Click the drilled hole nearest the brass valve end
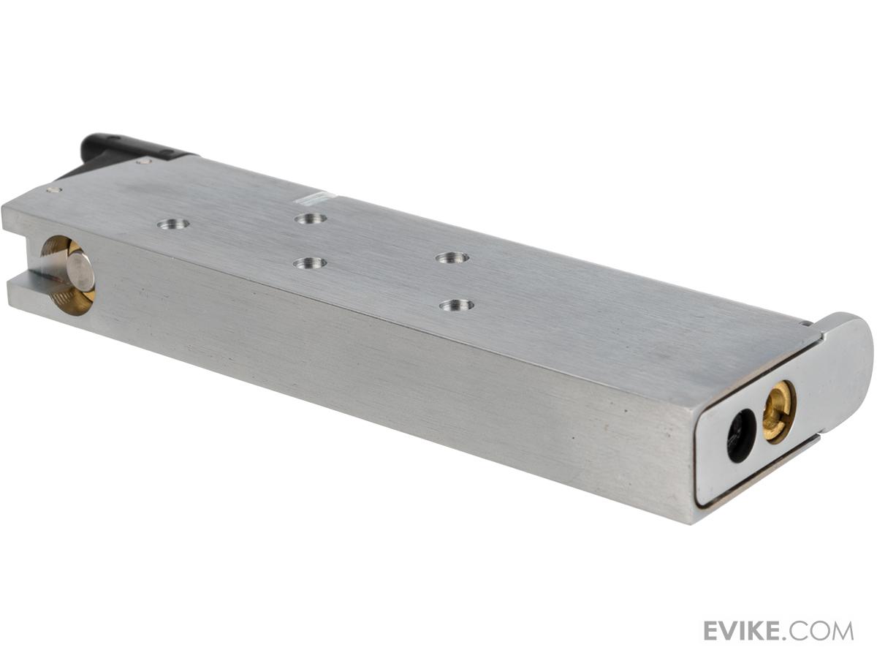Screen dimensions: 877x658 click(x=172, y=224)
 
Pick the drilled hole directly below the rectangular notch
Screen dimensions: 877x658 click(x=310, y=219)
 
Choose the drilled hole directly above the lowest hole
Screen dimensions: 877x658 click(x=452, y=257)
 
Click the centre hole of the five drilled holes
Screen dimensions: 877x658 click(x=310, y=263)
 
